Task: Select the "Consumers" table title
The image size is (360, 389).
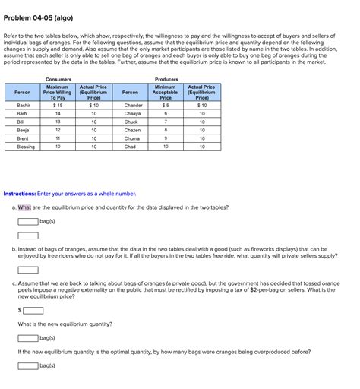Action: [x=58, y=79]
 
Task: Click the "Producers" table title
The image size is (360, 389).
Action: [x=166, y=79]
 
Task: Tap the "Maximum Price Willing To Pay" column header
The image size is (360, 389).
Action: [x=58, y=92]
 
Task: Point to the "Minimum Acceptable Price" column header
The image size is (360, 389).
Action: [x=166, y=92]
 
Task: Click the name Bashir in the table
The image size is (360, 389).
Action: [x=24, y=105]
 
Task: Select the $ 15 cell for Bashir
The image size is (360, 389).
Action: [x=58, y=105]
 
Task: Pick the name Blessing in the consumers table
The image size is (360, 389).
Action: [x=25, y=147]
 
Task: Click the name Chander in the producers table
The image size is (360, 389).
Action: [x=133, y=105]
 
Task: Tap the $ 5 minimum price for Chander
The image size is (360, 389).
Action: [x=166, y=105]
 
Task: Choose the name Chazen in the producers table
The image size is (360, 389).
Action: [x=133, y=130]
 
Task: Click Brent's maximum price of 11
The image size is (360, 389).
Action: [x=58, y=138]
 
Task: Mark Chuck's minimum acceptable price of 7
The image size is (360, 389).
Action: [x=166, y=122]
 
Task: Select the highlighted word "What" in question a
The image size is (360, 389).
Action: [x=25, y=207]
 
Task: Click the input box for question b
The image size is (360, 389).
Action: [x=28, y=270]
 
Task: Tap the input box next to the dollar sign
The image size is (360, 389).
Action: [x=33, y=310]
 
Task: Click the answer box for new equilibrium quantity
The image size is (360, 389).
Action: [x=28, y=338]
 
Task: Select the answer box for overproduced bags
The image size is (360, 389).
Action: [x=28, y=365]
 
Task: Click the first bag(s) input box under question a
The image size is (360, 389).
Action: [x=28, y=221]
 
